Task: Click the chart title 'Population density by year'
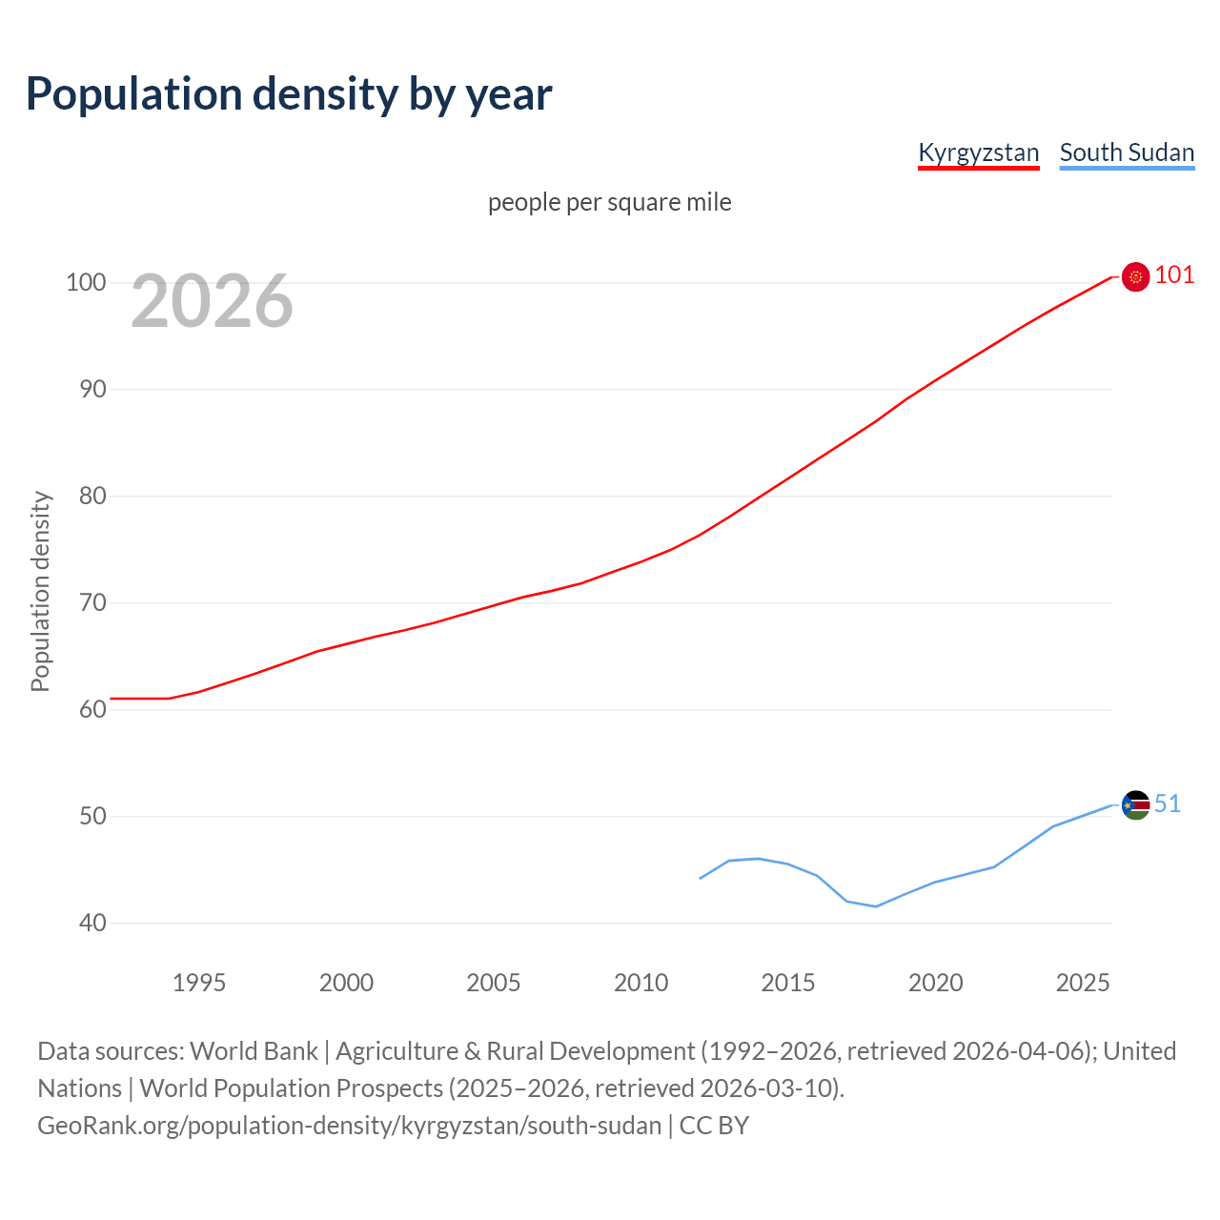click(x=289, y=94)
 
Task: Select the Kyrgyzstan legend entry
click(x=978, y=152)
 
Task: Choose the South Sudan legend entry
click(x=1127, y=152)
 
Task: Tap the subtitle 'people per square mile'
click(x=610, y=202)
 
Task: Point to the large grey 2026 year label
click(x=212, y=301)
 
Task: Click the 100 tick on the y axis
click(x=86, y=282)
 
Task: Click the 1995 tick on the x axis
click(x=198, y=983)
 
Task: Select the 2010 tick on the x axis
click(x=640, y=983)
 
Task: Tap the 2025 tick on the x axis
click(x=1083, y=983)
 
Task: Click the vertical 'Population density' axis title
click(x=40, y=591)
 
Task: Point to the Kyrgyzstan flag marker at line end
click(x=1135, y=276)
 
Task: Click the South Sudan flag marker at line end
click(x=1135, y=805)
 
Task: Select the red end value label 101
click(x=1174, y=275)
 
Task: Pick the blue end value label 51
click(x=1168, y=804)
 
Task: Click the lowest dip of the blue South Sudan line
click(x=876, y=906)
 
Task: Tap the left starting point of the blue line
click(x=701, y=878)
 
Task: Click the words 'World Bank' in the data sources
click(x=254, y=1051)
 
